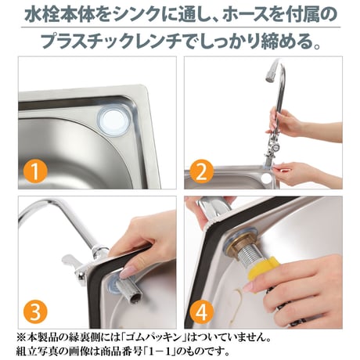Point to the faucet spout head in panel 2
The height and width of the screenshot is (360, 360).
[270, 74]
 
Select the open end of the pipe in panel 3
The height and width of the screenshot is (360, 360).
[135, 298]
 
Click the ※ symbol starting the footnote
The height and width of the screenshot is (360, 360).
[21, 338]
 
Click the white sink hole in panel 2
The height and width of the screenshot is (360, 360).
[267, 178]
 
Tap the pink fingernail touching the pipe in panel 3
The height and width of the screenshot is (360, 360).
[128, 272]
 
